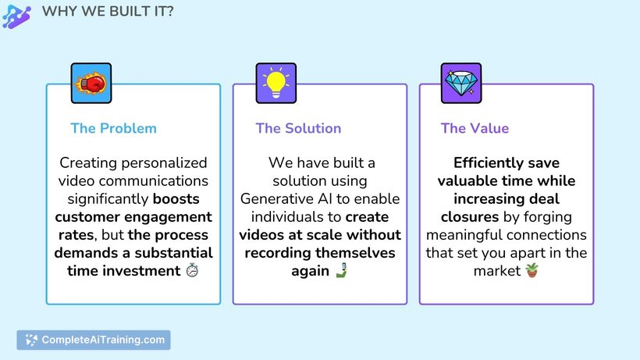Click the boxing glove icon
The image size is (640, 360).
[x=91, y=83]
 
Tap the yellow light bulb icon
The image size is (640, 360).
[x=276, y=83]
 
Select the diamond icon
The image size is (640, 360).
[x=461, y=83]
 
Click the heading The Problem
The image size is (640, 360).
[x=113, y=128]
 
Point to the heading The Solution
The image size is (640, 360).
[x=298, y=128]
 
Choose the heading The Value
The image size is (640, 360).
[x=475, y=128]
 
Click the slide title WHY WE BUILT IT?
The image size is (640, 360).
[x=108, y=11]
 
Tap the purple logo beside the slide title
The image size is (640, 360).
[x=16, y=16]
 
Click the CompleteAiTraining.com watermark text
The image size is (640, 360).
[x=103, y=340]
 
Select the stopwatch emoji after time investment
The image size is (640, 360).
[x=192, y=270]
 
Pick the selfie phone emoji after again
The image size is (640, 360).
[x=341, y=270]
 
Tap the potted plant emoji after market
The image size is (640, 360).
[x=532, y=270]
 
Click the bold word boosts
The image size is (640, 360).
[x=176, y=199]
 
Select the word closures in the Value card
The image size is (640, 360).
[x=470, y=217]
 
